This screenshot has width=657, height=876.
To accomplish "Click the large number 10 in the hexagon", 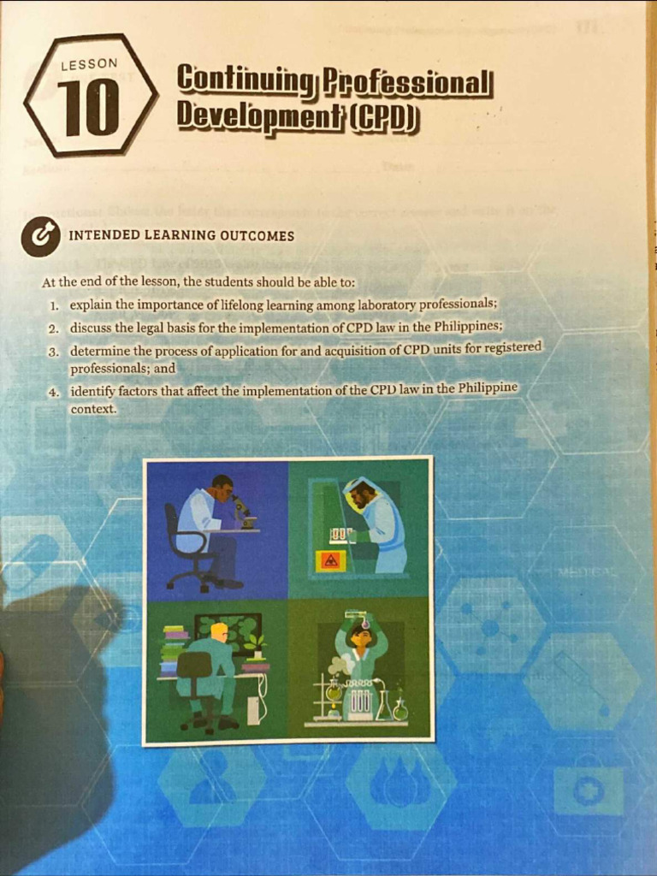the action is click(88, 108).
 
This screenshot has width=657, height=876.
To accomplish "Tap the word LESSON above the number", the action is click(89, 64).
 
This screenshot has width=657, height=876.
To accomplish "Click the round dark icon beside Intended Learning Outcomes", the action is click(41, 236).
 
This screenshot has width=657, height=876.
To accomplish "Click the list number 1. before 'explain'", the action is click(54, 306).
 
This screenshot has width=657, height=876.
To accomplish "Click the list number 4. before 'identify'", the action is click(54, 392).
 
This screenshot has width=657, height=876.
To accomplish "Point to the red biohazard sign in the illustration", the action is click(331, 561).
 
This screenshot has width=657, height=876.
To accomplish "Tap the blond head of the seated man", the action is click(219, 632).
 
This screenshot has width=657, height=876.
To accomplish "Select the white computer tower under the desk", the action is click(254, 706).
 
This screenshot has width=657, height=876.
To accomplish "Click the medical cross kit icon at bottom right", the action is click(588, 791).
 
